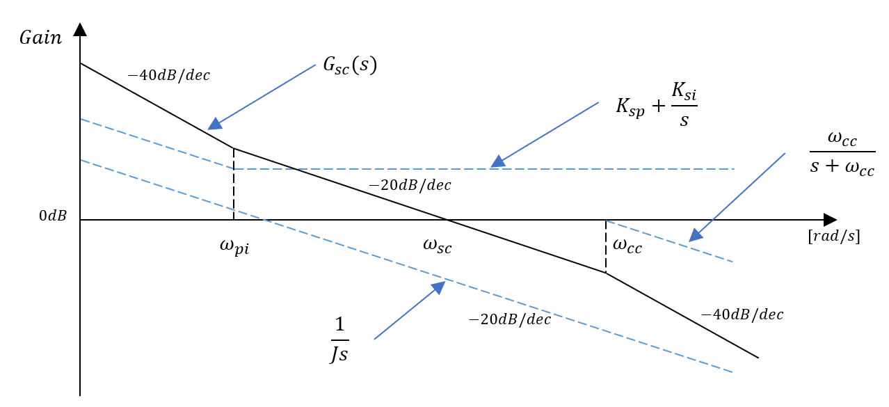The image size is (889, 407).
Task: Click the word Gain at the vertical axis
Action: [40, 38]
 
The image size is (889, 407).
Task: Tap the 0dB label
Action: [53, 216]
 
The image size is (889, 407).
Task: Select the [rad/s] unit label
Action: [833, 237]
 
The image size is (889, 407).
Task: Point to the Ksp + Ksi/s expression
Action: [657, 106]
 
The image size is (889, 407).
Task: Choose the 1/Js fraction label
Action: [339, 340]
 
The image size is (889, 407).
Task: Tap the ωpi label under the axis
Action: [233, 246]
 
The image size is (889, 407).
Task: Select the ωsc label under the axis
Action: [437, 245]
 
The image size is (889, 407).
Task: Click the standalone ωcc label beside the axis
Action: [627, 245]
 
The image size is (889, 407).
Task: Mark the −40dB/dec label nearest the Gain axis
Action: [169, 74]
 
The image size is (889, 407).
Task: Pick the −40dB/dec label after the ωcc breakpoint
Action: [742, 314]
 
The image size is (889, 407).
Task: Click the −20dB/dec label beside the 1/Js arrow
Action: [509, 319]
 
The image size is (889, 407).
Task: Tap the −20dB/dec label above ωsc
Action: [410, 185]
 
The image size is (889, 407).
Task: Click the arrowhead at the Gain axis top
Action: [80, 29]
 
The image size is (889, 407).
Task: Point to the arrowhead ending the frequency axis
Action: [829, 220]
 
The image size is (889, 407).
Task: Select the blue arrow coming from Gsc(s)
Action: [263, 97]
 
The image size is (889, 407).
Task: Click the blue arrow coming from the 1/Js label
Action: [409, 310]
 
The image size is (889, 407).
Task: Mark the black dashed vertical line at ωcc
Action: [606, 246]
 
